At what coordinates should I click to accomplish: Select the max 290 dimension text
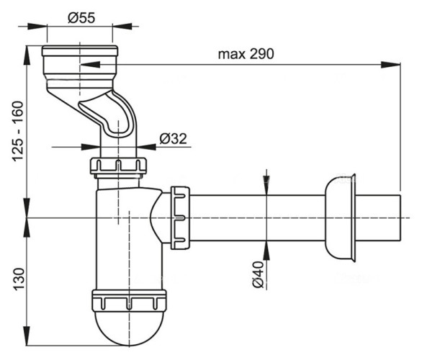246,54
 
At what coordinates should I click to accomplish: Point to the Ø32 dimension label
173,139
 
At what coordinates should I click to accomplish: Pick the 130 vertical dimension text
17,276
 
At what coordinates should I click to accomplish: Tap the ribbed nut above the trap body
119,167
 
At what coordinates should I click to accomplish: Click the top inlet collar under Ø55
81,59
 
